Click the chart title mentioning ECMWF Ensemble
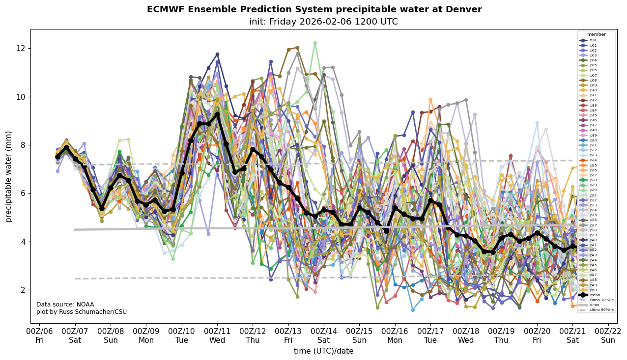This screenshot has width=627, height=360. [314, 10]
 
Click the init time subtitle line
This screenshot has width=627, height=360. [314, 22]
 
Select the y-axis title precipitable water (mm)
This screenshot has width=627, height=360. [9, 176]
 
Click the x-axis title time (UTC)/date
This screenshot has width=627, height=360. [323, 351]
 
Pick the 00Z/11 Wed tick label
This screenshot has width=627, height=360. [217, 336]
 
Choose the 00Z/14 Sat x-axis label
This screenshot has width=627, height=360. [324, 336]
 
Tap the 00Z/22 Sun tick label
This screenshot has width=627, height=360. [608, 336]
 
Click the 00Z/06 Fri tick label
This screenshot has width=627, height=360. [40, 336]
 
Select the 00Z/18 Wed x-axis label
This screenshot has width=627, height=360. [466, 336]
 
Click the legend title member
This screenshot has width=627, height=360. [596, 34]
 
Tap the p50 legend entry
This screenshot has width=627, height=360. [592, 290]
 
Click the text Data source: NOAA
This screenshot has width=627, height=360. [65, 305]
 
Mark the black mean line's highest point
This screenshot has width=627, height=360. [217, 114]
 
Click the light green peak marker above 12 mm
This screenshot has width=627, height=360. [315, 43]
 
